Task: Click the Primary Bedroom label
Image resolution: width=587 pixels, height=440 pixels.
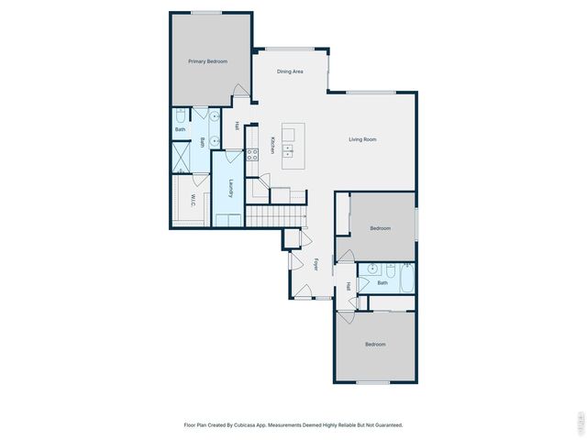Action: [207, 61]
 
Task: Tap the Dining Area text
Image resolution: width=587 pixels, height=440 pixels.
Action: [291, 71]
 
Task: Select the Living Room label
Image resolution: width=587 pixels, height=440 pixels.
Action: [362, 139]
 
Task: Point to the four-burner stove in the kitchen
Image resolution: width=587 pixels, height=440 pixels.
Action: [251, 154]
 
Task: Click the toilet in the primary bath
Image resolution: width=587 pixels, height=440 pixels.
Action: [181, 115]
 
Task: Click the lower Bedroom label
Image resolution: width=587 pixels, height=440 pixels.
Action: [375, 345]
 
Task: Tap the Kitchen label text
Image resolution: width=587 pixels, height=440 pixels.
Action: [272, 146]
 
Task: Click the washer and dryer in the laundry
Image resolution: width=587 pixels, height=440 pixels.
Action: [227, 219]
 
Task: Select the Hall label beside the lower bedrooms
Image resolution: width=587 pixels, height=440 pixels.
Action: [349, 287]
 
